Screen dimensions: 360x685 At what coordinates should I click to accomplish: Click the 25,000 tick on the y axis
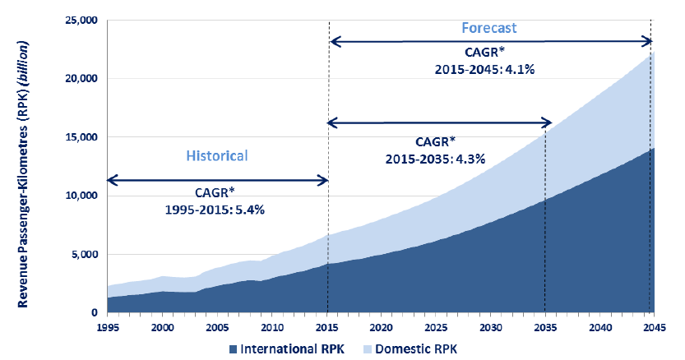coord(79,20)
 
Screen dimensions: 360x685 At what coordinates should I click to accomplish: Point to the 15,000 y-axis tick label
coord(79,137)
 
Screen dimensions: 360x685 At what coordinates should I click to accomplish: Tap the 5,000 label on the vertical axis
coord(82,255)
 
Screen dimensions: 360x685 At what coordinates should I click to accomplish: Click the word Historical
coord(216,155)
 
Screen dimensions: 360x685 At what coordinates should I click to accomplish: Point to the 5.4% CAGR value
coord(251,209)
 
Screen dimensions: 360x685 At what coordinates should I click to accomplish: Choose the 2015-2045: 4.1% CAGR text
coord(486,69)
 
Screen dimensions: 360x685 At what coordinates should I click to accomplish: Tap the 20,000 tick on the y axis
coord(79,79)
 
